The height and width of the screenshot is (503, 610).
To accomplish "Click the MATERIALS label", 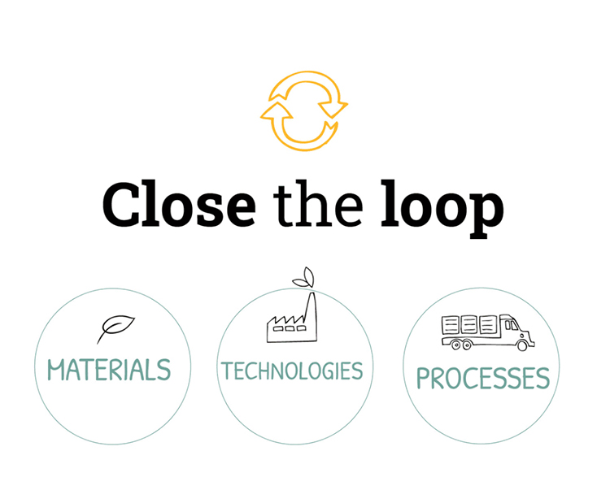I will (109, 370).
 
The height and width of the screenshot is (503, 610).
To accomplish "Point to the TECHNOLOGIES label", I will (292, 371).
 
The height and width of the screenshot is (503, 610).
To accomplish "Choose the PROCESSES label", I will (482, 378).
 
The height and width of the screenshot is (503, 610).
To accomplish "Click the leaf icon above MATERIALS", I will (115, 327).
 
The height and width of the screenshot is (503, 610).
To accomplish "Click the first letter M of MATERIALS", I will (56, 370).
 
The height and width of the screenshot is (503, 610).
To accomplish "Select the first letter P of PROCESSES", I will (424, 378).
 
